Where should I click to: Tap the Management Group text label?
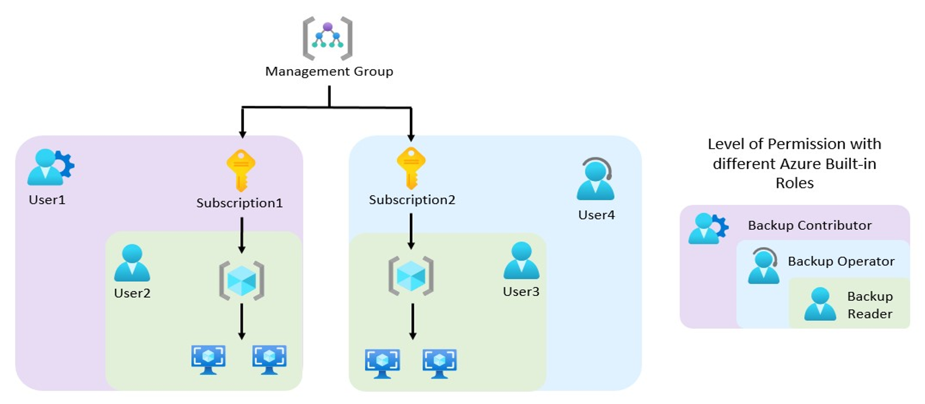coord(329,72)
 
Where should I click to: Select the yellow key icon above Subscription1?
coord(241,171)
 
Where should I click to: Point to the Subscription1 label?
coord(240,203)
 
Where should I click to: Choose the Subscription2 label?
coord(412,199)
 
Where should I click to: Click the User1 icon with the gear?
coord(50,167)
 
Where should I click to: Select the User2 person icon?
coord(132,263)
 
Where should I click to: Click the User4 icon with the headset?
coord(595,179)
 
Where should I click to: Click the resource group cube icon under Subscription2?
coord(411,276)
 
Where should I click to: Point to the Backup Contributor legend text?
coord(809,225)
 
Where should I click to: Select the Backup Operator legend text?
coord(841,261)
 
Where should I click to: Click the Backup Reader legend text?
coord(870,305)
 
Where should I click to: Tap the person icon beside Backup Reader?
coord(820,304)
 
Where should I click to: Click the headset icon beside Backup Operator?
coord(764,265)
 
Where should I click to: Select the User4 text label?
coord(596,214)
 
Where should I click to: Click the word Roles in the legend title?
coord(794,183)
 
